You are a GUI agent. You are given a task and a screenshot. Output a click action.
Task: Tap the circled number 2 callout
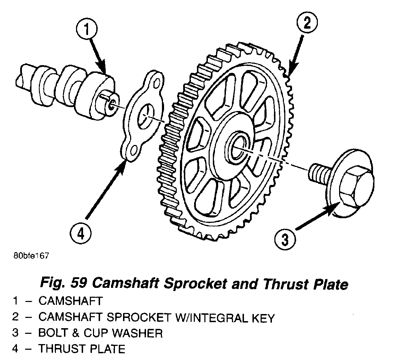pos(306,24)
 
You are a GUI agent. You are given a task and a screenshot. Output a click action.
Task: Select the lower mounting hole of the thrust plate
pos(133,152)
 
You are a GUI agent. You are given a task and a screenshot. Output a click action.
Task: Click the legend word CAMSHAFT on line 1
pos(70,302)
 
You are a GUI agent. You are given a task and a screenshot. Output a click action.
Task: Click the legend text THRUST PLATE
pos(82,349)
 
